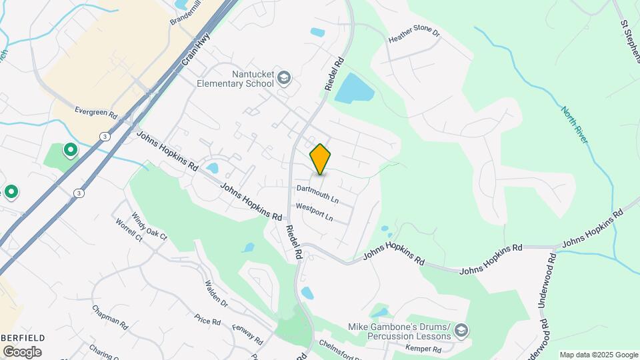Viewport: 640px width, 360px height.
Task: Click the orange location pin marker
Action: coord(321,159)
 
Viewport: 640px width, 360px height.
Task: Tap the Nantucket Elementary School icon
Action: coord(284,79)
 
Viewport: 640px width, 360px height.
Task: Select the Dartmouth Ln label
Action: coord(317,194)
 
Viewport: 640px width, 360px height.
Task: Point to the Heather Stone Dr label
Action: coord(415,36)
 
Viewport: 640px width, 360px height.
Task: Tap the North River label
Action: coord(574,125)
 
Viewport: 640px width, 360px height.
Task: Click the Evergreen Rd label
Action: coord(96,111)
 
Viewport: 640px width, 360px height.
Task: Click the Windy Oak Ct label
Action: coord(149,226)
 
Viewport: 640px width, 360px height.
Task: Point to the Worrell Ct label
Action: coord(129,230)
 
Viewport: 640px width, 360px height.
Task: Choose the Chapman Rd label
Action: coord(110,318)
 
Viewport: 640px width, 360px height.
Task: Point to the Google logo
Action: coord(22,351)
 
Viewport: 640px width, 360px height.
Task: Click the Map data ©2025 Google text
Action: coord(598,355)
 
